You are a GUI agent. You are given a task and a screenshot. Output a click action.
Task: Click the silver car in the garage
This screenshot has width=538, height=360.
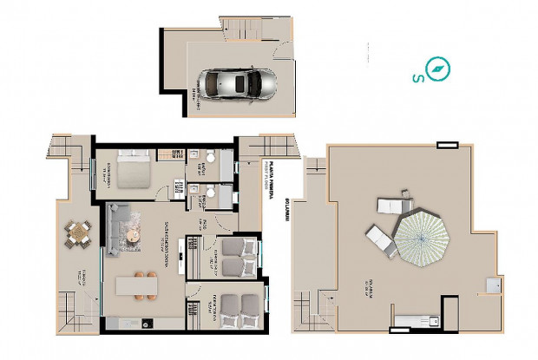point(236,84)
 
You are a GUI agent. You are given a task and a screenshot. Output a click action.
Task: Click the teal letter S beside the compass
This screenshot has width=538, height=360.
point(418,79)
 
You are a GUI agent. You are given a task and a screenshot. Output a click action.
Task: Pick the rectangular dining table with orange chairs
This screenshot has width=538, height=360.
point(137,285)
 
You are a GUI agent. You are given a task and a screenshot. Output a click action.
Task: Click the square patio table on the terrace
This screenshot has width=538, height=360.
point(79,233)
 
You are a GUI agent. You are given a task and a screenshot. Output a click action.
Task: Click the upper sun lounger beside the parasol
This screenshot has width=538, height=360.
point(392,206)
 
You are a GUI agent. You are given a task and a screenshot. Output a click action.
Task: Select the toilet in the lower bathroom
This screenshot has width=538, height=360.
point(208,193)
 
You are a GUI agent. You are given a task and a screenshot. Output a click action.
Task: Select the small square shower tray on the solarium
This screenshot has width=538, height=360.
point(495,284)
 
